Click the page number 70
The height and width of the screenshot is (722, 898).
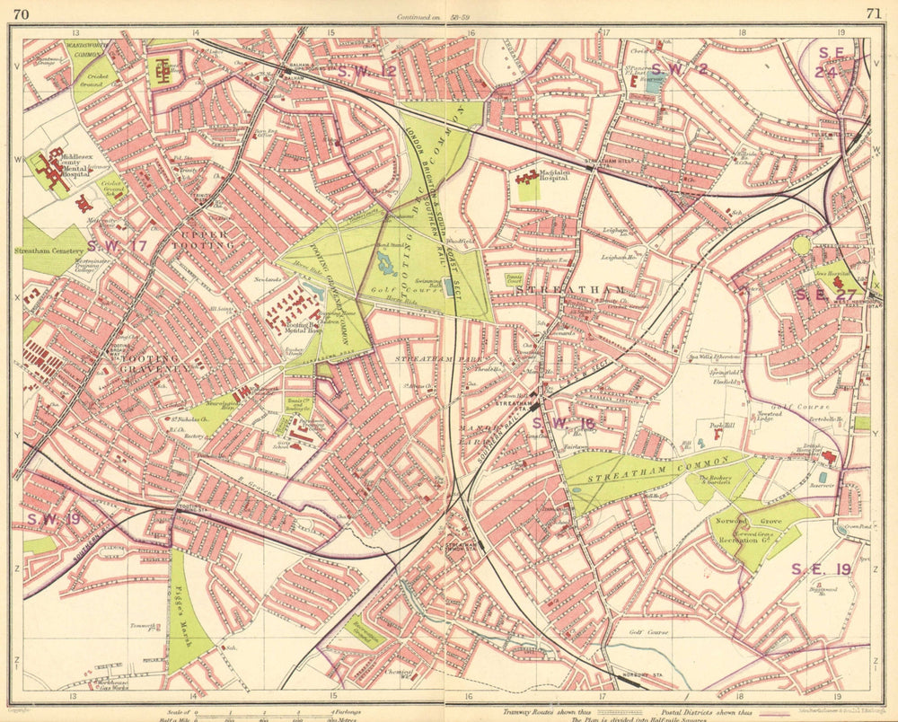tap(22, 13)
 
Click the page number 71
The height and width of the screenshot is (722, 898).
tap(873, 13)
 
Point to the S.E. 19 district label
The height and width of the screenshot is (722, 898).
tap(821, 568)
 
